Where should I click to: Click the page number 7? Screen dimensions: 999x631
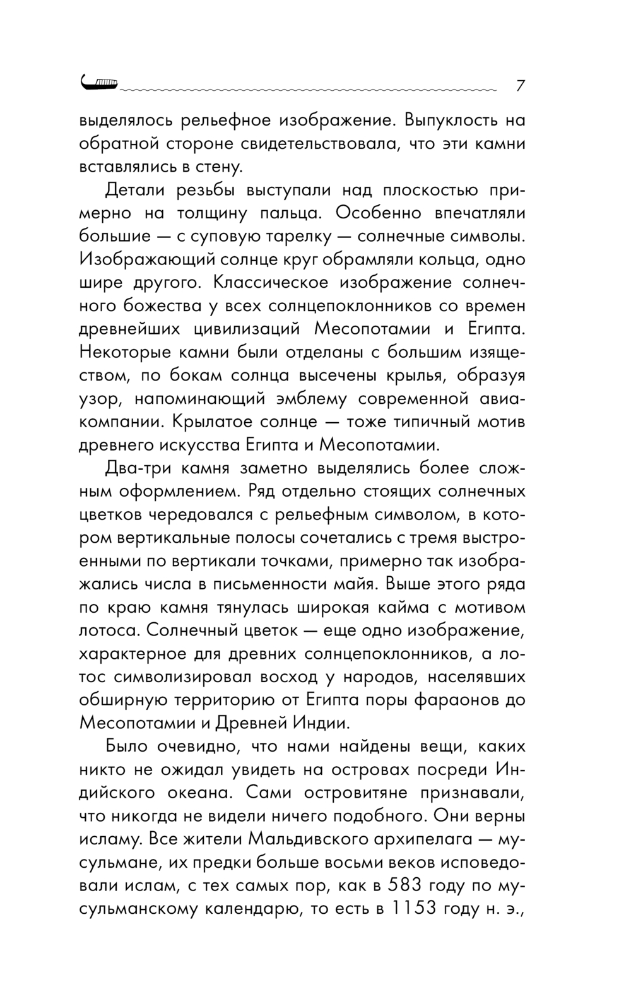point(521,85)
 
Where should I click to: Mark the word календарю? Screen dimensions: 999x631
point(248,909)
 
